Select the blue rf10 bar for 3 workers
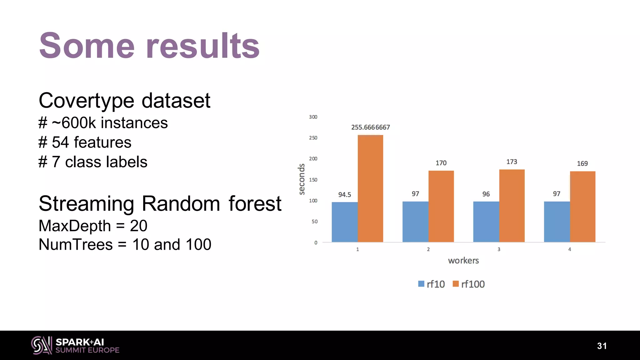pyautogui.click(x=486, y=222)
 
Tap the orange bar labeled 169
pyautogui.click(x=582, y=207)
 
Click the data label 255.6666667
pyautogui.click(x=370, y=127)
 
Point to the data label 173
pyautogui.click(x=512, y=162)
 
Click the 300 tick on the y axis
pyautogui.click(x=313, y=117)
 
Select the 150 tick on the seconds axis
pyautogui.click(x=313, y=180)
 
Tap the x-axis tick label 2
pyautogui.click(x=428, y=249)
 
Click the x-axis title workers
pyautogui.click(x=463, y=261)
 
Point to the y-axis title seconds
pyautogui.click(x=302, y=179)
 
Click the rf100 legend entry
pyautogui.click(x=469, y=284)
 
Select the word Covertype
pyautogui.click(x=86, y=101)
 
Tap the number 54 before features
pyautogui.click(x=60, y=142)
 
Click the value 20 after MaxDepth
pyautogui.click(x=138, y=226)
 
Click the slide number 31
pyautogui.click(x=602, y=346)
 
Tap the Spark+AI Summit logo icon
pyautogui.click(x=41, y=345)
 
